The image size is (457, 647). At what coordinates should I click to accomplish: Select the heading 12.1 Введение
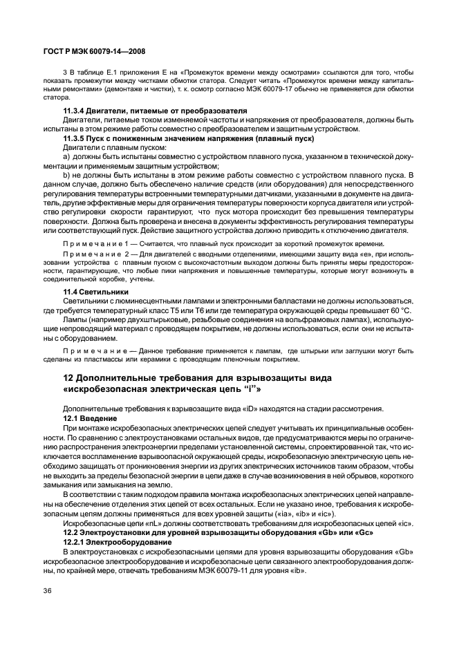point(91,419)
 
